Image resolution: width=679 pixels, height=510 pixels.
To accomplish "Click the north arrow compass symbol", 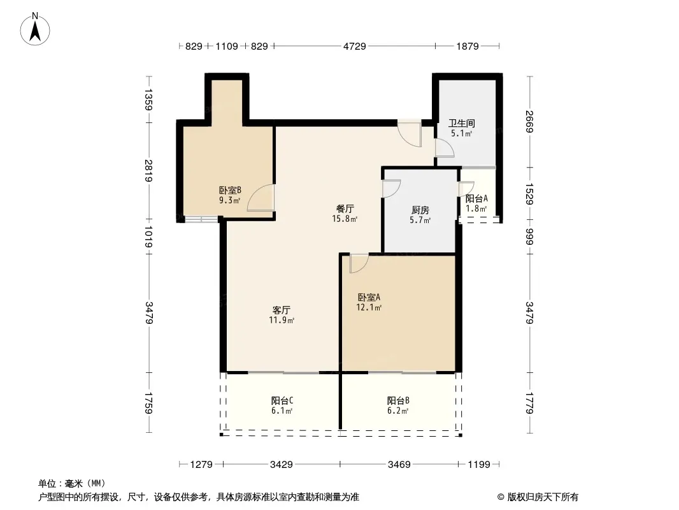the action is pos(35,29).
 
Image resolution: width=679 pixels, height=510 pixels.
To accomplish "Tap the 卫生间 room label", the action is pos(462,123).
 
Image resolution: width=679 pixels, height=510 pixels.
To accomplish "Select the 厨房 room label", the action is pos(420,210).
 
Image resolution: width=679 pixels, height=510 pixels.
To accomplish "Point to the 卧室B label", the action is pos(230,190).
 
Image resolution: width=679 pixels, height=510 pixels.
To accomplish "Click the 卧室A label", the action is pos(369,298).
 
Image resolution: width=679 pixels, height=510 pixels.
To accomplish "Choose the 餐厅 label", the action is pos(345,209).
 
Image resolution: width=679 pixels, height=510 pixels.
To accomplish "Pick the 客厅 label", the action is pos(282,310).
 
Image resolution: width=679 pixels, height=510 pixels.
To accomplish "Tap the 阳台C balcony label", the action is pos(282,401).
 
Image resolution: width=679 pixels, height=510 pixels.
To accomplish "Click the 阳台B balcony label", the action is pos(398,401).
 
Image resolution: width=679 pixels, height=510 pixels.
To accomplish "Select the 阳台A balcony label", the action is pos(477,198).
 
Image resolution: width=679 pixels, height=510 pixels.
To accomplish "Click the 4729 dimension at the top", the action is pos(355,46).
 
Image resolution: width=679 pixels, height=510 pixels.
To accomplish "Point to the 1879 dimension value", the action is pos(468,46).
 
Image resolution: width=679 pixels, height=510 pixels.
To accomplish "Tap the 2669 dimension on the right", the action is pos(529,122).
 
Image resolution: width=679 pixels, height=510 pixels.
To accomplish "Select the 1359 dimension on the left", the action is pos(148,99).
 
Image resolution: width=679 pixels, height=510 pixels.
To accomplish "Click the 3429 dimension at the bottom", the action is pos(282,465).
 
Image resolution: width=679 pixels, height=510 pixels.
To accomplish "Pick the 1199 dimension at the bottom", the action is pos(479,465).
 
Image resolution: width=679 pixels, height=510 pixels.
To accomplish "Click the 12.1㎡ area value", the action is pos(369,308).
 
